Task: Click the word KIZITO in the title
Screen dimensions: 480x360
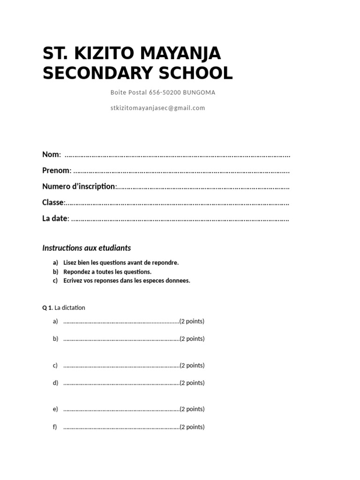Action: click(x=103, y=53)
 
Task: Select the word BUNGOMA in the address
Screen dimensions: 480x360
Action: click(x=199, y=92)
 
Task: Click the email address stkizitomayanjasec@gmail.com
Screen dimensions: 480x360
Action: click(x=157, y=108)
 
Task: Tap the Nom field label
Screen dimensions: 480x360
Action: click(x=51, y=155)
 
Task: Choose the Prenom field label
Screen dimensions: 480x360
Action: click(x=56, y=171)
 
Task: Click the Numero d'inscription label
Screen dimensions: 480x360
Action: click(x=79, y=187)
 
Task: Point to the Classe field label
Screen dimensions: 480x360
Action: click(x=53, y=202)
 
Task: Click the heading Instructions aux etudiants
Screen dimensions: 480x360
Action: click(x=87, y=248)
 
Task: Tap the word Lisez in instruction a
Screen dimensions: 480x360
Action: click(x=70, y=263)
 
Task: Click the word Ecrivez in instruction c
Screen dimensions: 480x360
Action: click(x=73, y=281)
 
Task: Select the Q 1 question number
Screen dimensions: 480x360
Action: click(x=47, y=308)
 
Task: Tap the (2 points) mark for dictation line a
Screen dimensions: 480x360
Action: click(x=192, y=322)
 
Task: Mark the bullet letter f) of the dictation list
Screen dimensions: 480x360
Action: click(x=55, y=427)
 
